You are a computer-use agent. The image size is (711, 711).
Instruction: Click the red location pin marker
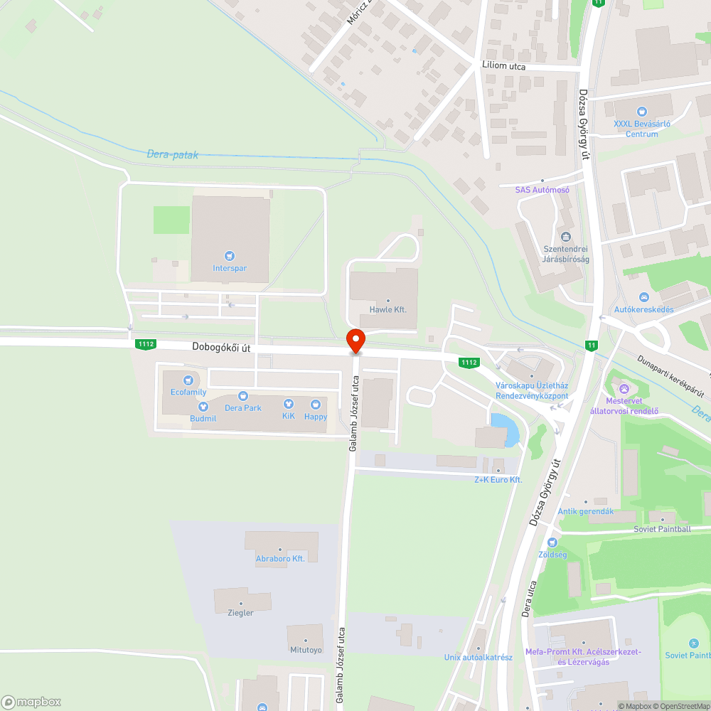355,341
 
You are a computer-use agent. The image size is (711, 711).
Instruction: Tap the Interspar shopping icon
229,256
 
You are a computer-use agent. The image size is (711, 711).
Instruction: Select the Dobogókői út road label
221,348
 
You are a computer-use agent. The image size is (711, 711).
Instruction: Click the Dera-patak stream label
173,154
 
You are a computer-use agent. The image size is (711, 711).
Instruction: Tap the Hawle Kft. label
388,310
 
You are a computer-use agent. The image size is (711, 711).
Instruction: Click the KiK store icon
288,403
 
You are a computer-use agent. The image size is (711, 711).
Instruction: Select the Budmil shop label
203,419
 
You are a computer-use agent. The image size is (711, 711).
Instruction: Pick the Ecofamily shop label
188,392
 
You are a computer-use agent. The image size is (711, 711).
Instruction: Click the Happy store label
316,416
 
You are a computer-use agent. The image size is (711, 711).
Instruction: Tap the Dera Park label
243,407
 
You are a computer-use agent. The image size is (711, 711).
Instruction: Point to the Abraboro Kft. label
280,559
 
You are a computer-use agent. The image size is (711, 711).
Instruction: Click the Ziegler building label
240,612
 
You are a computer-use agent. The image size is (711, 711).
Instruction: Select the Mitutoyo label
306,649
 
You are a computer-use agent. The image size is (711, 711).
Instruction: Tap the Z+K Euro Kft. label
498,480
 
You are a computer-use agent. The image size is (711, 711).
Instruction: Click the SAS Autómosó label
542,190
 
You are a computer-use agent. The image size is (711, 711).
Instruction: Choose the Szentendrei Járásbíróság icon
566,237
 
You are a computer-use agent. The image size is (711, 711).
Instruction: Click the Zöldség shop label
552,554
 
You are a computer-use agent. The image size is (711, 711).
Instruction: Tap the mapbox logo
32,701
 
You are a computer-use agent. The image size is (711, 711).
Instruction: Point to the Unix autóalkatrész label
478,657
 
